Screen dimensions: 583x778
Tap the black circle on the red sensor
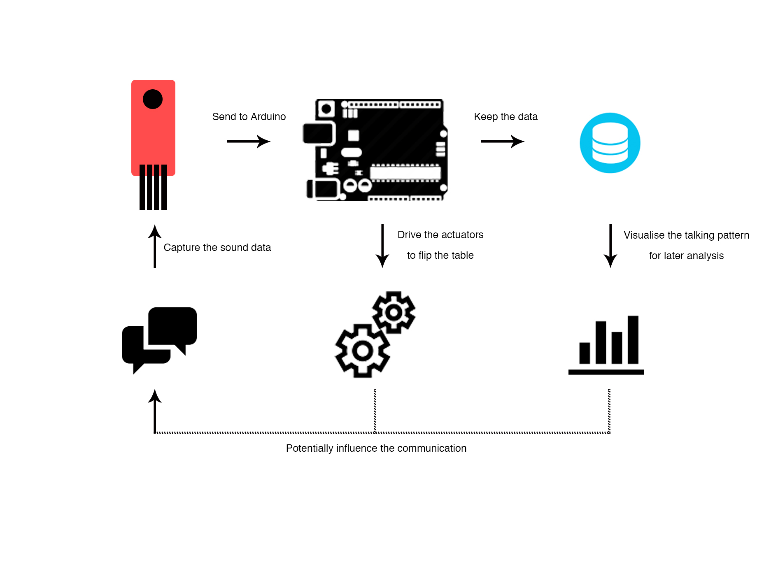click(153, 99)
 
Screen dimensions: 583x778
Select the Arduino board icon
click(375, 150)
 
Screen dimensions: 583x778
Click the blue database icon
click(610, 143)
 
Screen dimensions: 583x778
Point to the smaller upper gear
click(394, 312)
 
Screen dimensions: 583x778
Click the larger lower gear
click(363, 351)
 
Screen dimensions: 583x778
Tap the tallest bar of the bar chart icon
click(633, 339)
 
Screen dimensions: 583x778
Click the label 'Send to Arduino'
click(249, 117)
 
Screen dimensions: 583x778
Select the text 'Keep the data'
click(505, 117)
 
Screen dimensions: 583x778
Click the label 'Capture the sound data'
click(217, 248)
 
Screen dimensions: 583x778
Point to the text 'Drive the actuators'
click(440, 235)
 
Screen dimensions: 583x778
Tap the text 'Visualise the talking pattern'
click(686, 235)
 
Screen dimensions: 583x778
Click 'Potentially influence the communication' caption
click(376, 448)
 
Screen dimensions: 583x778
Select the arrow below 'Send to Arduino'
click(248, 142)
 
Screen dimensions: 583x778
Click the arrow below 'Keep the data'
click(502, 142)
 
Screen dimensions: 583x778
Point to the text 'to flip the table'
click(440, 255)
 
